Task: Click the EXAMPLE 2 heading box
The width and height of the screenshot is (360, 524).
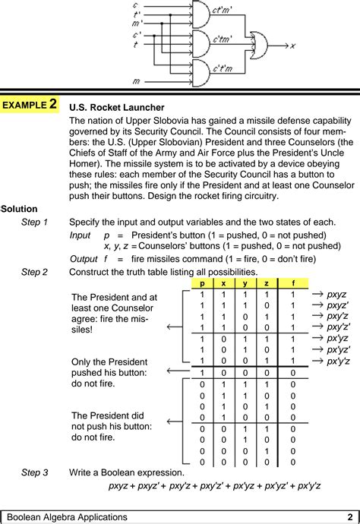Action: [30, 105]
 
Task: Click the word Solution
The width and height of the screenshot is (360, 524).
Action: [20, 209]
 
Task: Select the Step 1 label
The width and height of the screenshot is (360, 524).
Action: [35, 223]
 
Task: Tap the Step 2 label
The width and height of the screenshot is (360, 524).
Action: [35, 272]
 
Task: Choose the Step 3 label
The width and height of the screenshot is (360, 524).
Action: [35, 472]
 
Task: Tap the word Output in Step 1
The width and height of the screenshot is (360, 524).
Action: [84, 258]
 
